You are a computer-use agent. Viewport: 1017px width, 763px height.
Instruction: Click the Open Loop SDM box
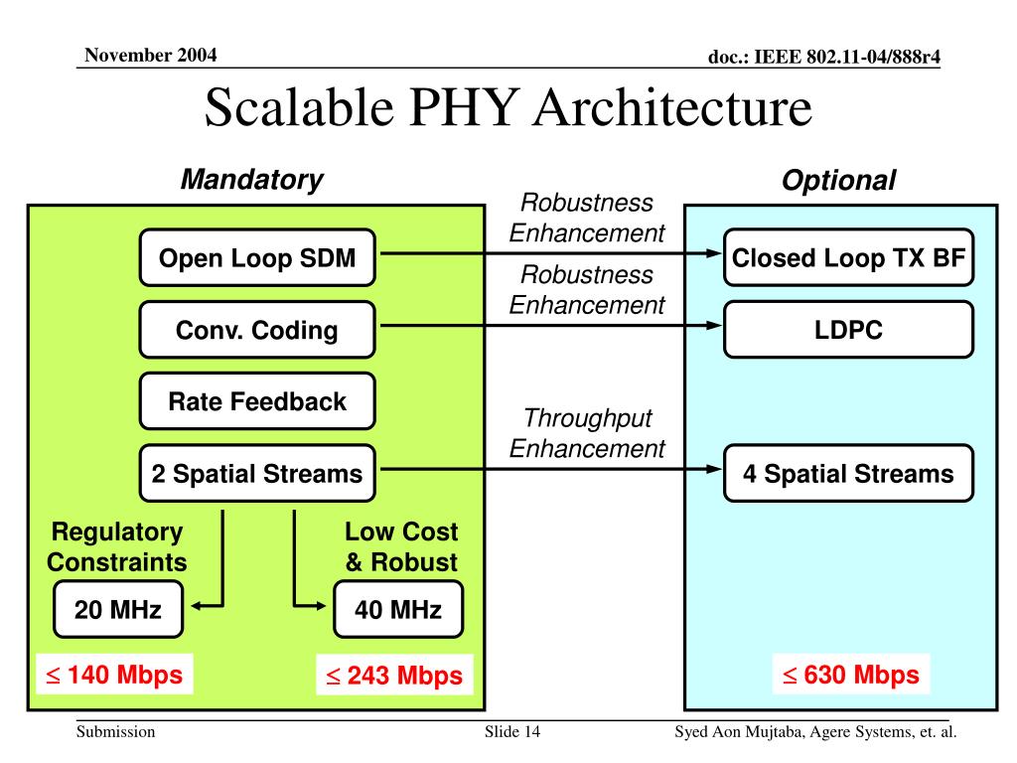pyautogui.click(x=257, y=258)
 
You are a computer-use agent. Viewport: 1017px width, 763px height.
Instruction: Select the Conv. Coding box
pyautogui.click(x=257, y=330)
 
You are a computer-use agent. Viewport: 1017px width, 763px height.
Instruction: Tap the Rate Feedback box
pyautogui.click(x=257, y=401)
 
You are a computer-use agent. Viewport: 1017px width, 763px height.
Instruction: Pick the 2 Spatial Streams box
pyautogui.click(x=257, y=473)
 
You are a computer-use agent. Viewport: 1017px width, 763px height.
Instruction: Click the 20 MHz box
pyautogui.click(x=117, y=609)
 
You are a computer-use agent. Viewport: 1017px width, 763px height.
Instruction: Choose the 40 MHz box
pyautogui.click(x=398, y=609)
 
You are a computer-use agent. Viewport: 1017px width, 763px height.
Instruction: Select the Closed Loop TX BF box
pyautogui.click(x=848, y=258)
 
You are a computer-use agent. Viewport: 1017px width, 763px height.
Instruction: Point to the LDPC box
pyautogui.click(x=848, y=330)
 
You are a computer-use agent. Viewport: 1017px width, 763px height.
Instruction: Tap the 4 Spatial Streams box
pyautogui.click(x=848, y=473)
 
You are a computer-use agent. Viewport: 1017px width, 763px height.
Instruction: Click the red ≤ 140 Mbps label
pyautogui.click(x=111, y=675)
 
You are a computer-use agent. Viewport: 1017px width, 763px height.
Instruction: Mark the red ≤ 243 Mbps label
pyautogui.click(x=394, y=676)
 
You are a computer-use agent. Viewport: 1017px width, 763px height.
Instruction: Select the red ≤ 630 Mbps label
pyautogui.click(x=851, y=675)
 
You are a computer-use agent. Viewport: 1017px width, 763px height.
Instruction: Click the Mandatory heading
pyautogui.click(x=251, y=180)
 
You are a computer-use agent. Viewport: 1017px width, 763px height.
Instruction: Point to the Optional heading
pyautogui.click(x=838, y=181)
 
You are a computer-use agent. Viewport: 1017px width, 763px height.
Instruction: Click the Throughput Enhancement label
pyautogui.click(x=587, y=433)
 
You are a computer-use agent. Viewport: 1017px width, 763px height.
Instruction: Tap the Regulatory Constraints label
pyautogui.click(x=117, y=546)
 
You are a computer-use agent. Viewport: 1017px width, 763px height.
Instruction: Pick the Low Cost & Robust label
pyautogui.click(x=401, y=546)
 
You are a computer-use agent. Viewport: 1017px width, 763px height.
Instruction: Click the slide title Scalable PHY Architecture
pyautogui.click(x=508, y=107)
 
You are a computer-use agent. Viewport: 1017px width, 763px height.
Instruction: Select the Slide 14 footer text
pyautogui.click(x=512, y=732)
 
